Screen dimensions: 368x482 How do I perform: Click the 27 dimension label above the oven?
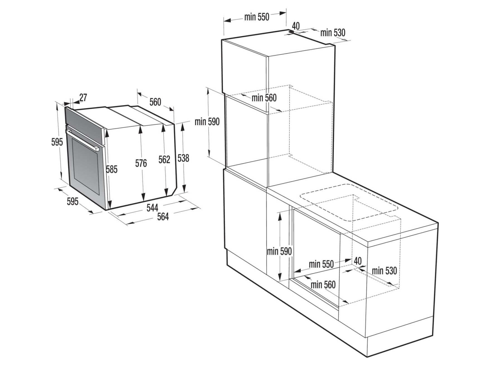point(83,98)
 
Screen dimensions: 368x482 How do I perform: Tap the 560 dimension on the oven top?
point(155,102)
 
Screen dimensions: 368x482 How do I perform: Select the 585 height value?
point(112,169)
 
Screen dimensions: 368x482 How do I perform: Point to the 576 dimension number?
point(141,163)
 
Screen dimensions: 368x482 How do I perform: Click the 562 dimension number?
point(164,159)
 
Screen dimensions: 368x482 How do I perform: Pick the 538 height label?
point(183,158)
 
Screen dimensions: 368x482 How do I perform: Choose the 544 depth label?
point(152,207)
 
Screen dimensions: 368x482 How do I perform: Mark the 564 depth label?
point(163,217)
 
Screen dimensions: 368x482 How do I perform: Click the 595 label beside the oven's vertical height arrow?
point(57,142)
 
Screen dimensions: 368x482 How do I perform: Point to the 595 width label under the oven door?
point(73,201)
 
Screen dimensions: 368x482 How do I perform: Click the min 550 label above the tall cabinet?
point(257,17)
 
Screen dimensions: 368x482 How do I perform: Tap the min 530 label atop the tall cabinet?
point(333,33)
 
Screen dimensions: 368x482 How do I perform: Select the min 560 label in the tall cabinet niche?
point(264,98)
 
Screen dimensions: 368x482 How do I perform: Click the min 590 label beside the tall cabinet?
point(207,122)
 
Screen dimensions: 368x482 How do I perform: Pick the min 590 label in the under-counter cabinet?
point(279,251)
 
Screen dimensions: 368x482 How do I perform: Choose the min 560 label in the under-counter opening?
point(323,285)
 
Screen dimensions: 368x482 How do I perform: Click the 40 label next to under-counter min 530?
point(357,261)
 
